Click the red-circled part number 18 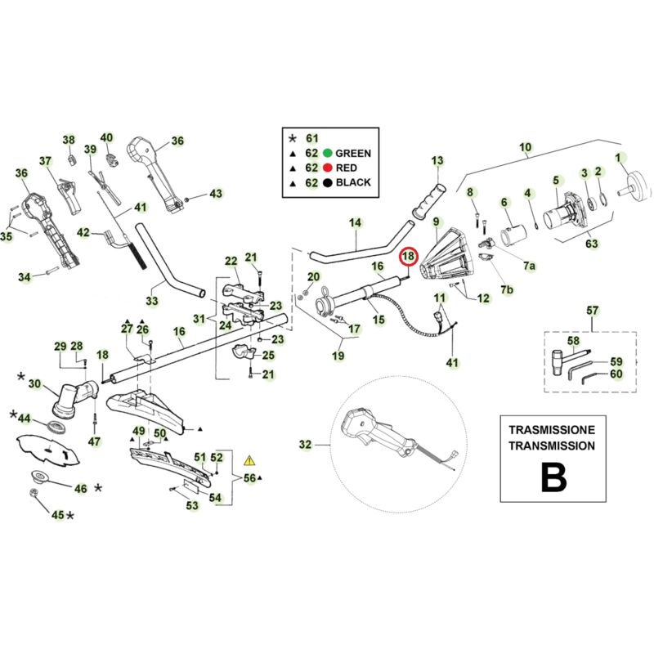[x=407, y=257]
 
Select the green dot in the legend [x=326, y=153]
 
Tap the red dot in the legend [x=326, y=168]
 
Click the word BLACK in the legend [x=354, y=182]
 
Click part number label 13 [x=437, y=160]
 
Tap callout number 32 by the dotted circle [x=306, y=445]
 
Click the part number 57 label [x=593, y=311]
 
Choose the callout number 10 [x=525, y=148]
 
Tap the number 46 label [x=80, y=489]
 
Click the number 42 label [x=83, y=233]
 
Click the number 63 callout [x=592, y=243]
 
